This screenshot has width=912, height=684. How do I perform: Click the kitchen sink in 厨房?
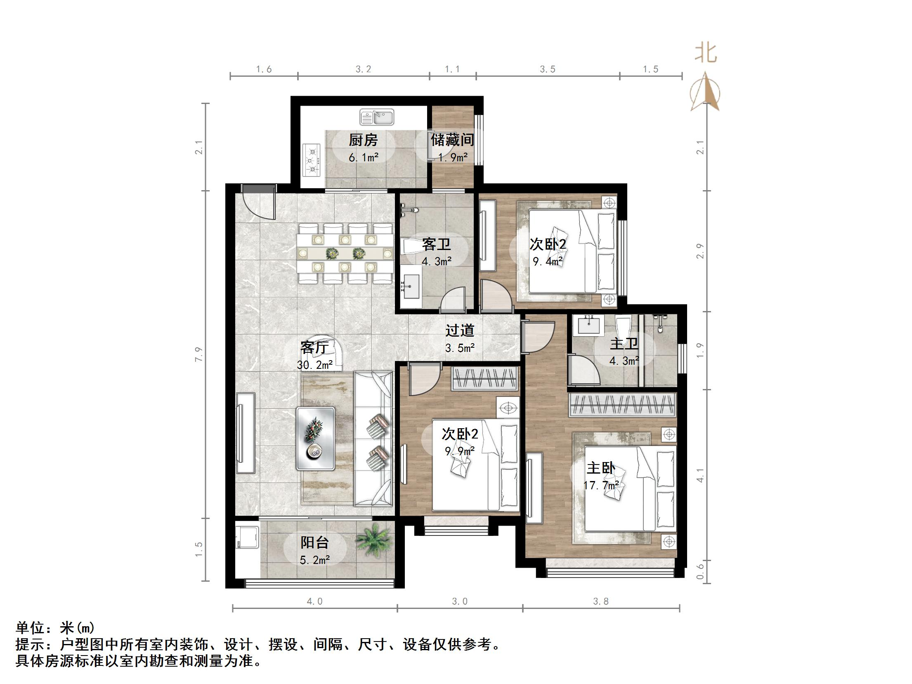376,117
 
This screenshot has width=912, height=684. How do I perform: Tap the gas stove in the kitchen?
312,160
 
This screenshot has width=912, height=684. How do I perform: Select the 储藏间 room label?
452,140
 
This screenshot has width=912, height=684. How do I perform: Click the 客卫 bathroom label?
436,245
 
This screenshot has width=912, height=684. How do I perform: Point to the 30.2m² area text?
315,365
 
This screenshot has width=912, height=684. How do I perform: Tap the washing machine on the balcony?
247,535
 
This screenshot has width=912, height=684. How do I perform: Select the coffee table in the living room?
315,438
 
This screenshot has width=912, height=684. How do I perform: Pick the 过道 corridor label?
460,330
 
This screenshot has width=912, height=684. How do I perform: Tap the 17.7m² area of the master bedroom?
601,485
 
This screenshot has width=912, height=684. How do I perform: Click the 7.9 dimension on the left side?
199,355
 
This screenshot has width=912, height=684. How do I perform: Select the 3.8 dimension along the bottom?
601,601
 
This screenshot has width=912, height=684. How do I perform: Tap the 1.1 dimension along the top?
452,69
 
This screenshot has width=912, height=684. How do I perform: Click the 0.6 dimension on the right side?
700,571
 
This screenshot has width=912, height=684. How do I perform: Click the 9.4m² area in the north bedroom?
548,262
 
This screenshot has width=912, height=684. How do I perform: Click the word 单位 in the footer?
30,628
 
